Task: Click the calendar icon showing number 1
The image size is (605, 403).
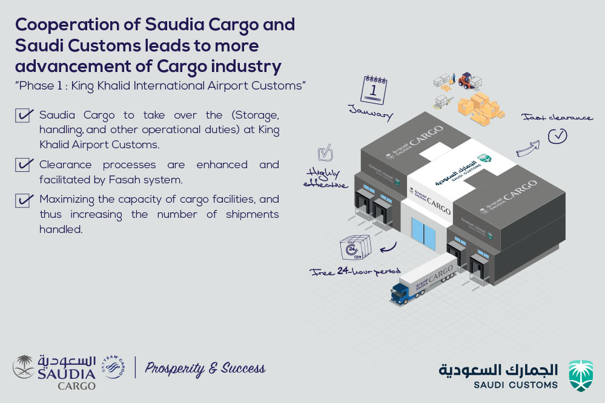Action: [374, 90]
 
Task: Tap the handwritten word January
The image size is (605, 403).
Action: [371, 112]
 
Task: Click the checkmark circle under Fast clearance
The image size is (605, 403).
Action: [558, 136]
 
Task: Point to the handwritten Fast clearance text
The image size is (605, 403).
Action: [557, 117]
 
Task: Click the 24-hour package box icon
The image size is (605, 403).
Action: [355, 247]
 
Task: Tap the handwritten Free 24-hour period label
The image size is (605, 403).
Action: [355, 272]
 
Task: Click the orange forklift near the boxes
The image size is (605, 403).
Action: [466, 80]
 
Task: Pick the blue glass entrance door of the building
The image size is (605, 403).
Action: [423, 233]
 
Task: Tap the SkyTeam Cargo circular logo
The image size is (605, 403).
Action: [113, 367]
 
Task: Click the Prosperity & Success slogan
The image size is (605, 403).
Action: [205, 369]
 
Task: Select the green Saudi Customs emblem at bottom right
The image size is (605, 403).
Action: [581, 376]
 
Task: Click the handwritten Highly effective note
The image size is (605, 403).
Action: [325, 178]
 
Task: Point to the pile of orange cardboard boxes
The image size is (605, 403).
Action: [480, 109]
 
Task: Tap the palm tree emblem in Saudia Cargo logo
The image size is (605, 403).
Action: [23, 367]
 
